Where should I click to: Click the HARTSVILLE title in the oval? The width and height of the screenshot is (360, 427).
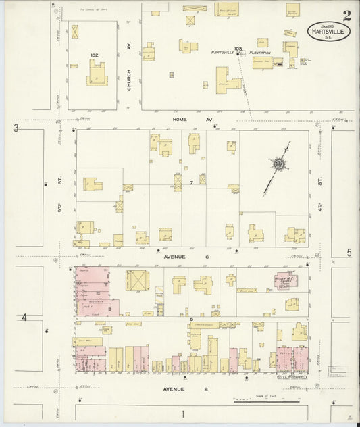pos(329,30)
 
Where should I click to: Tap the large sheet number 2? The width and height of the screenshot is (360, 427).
pos(346,16)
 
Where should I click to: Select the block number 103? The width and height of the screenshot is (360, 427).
pos(237,49)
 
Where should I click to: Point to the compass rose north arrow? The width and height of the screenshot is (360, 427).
pos(278,165)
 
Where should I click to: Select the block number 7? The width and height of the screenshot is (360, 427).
pos(192,183)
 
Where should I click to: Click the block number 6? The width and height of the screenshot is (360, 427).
pos(192,319)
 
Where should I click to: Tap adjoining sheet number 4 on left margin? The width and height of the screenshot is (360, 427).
pos(24,317)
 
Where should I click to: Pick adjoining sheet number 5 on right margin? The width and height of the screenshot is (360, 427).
pos(349,253)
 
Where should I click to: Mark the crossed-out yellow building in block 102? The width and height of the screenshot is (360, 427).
pos(75,31)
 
